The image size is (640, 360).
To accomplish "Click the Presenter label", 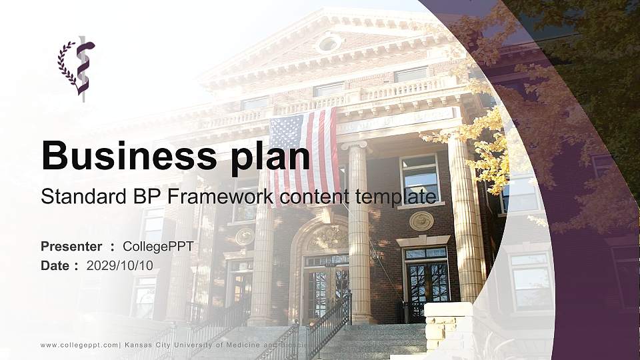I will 71,247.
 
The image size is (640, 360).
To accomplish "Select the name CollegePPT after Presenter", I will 158,247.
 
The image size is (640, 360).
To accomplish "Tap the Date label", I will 56,265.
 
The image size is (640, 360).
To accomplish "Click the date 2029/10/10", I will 120,265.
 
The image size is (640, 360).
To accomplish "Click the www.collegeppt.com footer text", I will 79,345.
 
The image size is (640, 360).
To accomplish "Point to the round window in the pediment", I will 328,44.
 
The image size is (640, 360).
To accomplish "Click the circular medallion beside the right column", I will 421,221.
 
